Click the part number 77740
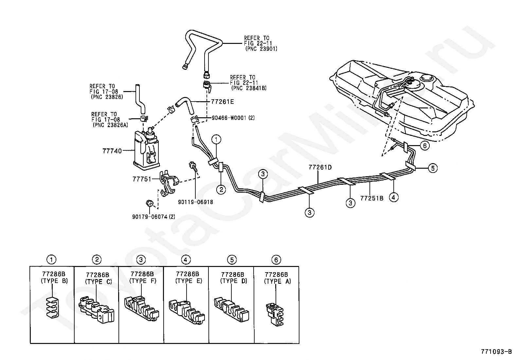pos(112,151)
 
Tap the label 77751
pos(142,179)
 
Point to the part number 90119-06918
pos(195,202)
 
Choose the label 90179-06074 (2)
pos(153,217)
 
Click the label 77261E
pos(222,102)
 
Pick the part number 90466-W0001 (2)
pos(233,118)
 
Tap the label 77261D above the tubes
pos(320,167)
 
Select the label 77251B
pos(372,198)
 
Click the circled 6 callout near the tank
pos(425,146)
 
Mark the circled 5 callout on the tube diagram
pos(433,168)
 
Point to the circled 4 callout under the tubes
pos(394,198)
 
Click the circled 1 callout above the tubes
pos(216,140)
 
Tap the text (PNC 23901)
pos(261,49)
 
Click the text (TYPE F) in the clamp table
pos(143,281)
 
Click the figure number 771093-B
pos(496,351)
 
